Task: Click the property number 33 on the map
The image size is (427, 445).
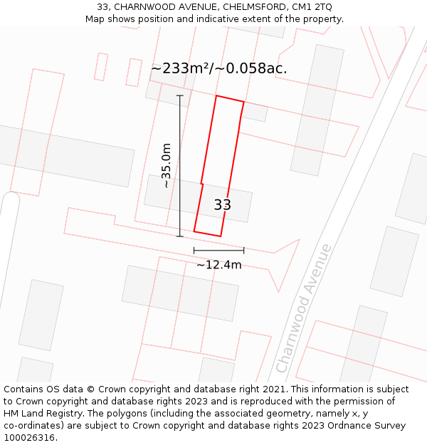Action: pos(222,205)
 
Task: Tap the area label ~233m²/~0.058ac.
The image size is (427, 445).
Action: pos(219,68)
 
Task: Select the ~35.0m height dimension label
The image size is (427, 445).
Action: pos(167,165)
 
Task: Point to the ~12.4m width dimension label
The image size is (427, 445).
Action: pos(219,265)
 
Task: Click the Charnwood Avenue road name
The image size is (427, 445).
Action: pos(304,308)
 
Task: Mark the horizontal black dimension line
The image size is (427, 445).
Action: pos(218,250)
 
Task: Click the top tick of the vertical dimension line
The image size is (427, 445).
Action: pos(179,95)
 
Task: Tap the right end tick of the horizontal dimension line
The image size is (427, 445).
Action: pos(243,250)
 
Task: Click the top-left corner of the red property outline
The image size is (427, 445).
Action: pos(216,95)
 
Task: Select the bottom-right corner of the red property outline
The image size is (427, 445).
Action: pos(221,236)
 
